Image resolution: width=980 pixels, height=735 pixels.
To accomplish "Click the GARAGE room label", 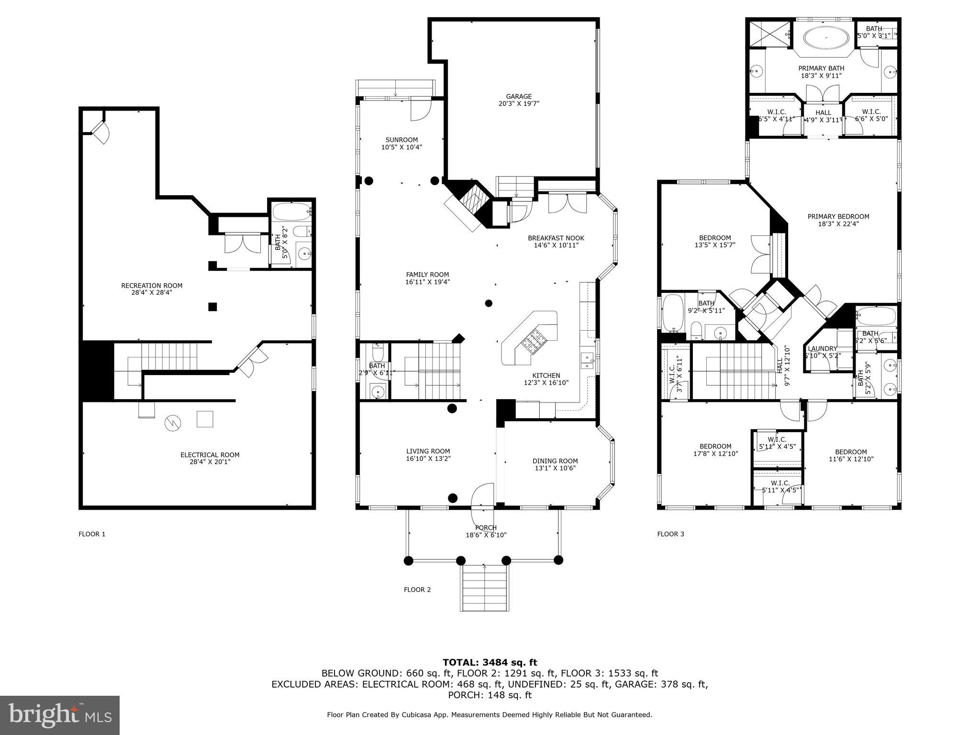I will pyautogui.click(x=519, y=97).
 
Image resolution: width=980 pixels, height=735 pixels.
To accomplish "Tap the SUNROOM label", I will pyautogui.click(x=401, y=140).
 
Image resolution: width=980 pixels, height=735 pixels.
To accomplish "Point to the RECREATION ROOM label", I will pyautogui.click(x=151, y=286).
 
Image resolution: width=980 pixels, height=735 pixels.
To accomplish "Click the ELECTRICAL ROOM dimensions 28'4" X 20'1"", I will pyautogui.click(x=210, y=462).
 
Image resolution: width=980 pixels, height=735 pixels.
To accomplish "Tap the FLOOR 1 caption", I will pyautogui.click(x=92, y=534).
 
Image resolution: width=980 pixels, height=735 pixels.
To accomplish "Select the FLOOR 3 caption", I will pyautogui.click(x=670, y=534).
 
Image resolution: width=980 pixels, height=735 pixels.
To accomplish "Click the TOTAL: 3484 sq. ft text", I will pyautogui.click(x=490, y=662).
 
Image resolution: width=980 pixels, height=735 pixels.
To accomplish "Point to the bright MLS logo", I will pyautogui.click(x=59, y=715).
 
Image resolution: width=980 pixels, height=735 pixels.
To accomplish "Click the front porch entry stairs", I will pyautogui.click(x=484, y=588).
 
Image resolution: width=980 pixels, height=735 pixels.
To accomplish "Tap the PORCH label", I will pyautogui.click(x=486, y=528).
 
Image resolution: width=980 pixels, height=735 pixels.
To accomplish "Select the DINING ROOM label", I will pyautogui.click(x=555, y=461).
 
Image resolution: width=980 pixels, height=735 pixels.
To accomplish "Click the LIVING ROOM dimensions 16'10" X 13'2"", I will pyautogui.click(x=428, y=458).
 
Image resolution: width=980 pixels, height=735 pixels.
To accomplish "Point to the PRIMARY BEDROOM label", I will pyautogui.click(x=838, y=216).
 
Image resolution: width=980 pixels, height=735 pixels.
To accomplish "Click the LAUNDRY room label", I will pyautogui.click(x=822, y=349).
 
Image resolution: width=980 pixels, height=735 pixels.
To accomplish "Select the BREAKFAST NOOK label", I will pyautogui.click(x=556, y=238).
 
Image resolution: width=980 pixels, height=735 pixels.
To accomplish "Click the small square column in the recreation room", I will pyautogui.click(x=212, y=307).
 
